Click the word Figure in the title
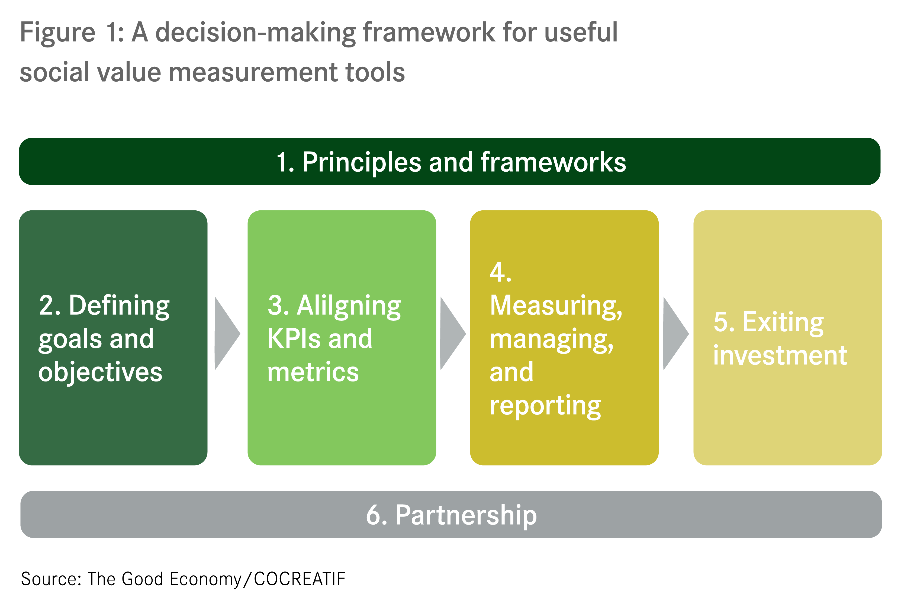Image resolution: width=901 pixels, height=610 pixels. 57,33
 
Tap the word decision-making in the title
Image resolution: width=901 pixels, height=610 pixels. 256,33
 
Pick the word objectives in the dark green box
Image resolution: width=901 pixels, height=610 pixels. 100,372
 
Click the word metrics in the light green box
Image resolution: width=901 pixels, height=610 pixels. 313,372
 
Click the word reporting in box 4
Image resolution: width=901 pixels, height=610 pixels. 545,406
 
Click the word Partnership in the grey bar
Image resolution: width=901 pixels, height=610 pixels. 466,515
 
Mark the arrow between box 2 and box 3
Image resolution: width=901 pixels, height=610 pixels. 226,333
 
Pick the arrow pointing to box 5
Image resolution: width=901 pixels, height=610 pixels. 675,333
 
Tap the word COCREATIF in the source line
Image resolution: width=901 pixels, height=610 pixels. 299,579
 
